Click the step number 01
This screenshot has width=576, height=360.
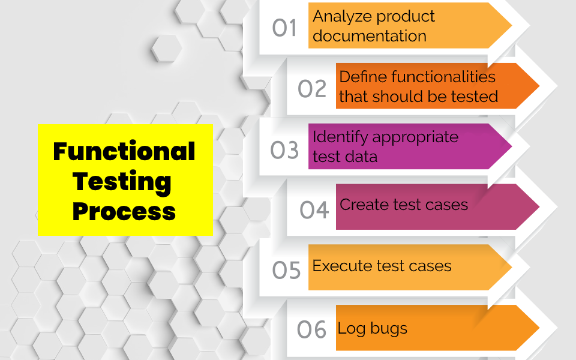pos(284,28)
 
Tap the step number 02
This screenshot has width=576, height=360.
pos(312,88)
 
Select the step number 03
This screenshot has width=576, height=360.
pos(284,150)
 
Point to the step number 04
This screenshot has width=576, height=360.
pos(314,210)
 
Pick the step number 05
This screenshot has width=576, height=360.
pos(286,270)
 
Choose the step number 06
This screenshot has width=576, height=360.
pos(312,329)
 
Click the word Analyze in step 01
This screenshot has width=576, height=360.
pos(338,17)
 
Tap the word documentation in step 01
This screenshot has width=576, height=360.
pos(370,36)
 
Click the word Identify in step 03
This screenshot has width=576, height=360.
pos(338,137)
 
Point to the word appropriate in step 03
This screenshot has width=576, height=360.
pos(415,137)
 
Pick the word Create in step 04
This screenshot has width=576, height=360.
pos(364,205)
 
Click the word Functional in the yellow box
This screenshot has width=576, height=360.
pos(124,151)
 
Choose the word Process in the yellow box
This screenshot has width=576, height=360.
pos(124,211)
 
